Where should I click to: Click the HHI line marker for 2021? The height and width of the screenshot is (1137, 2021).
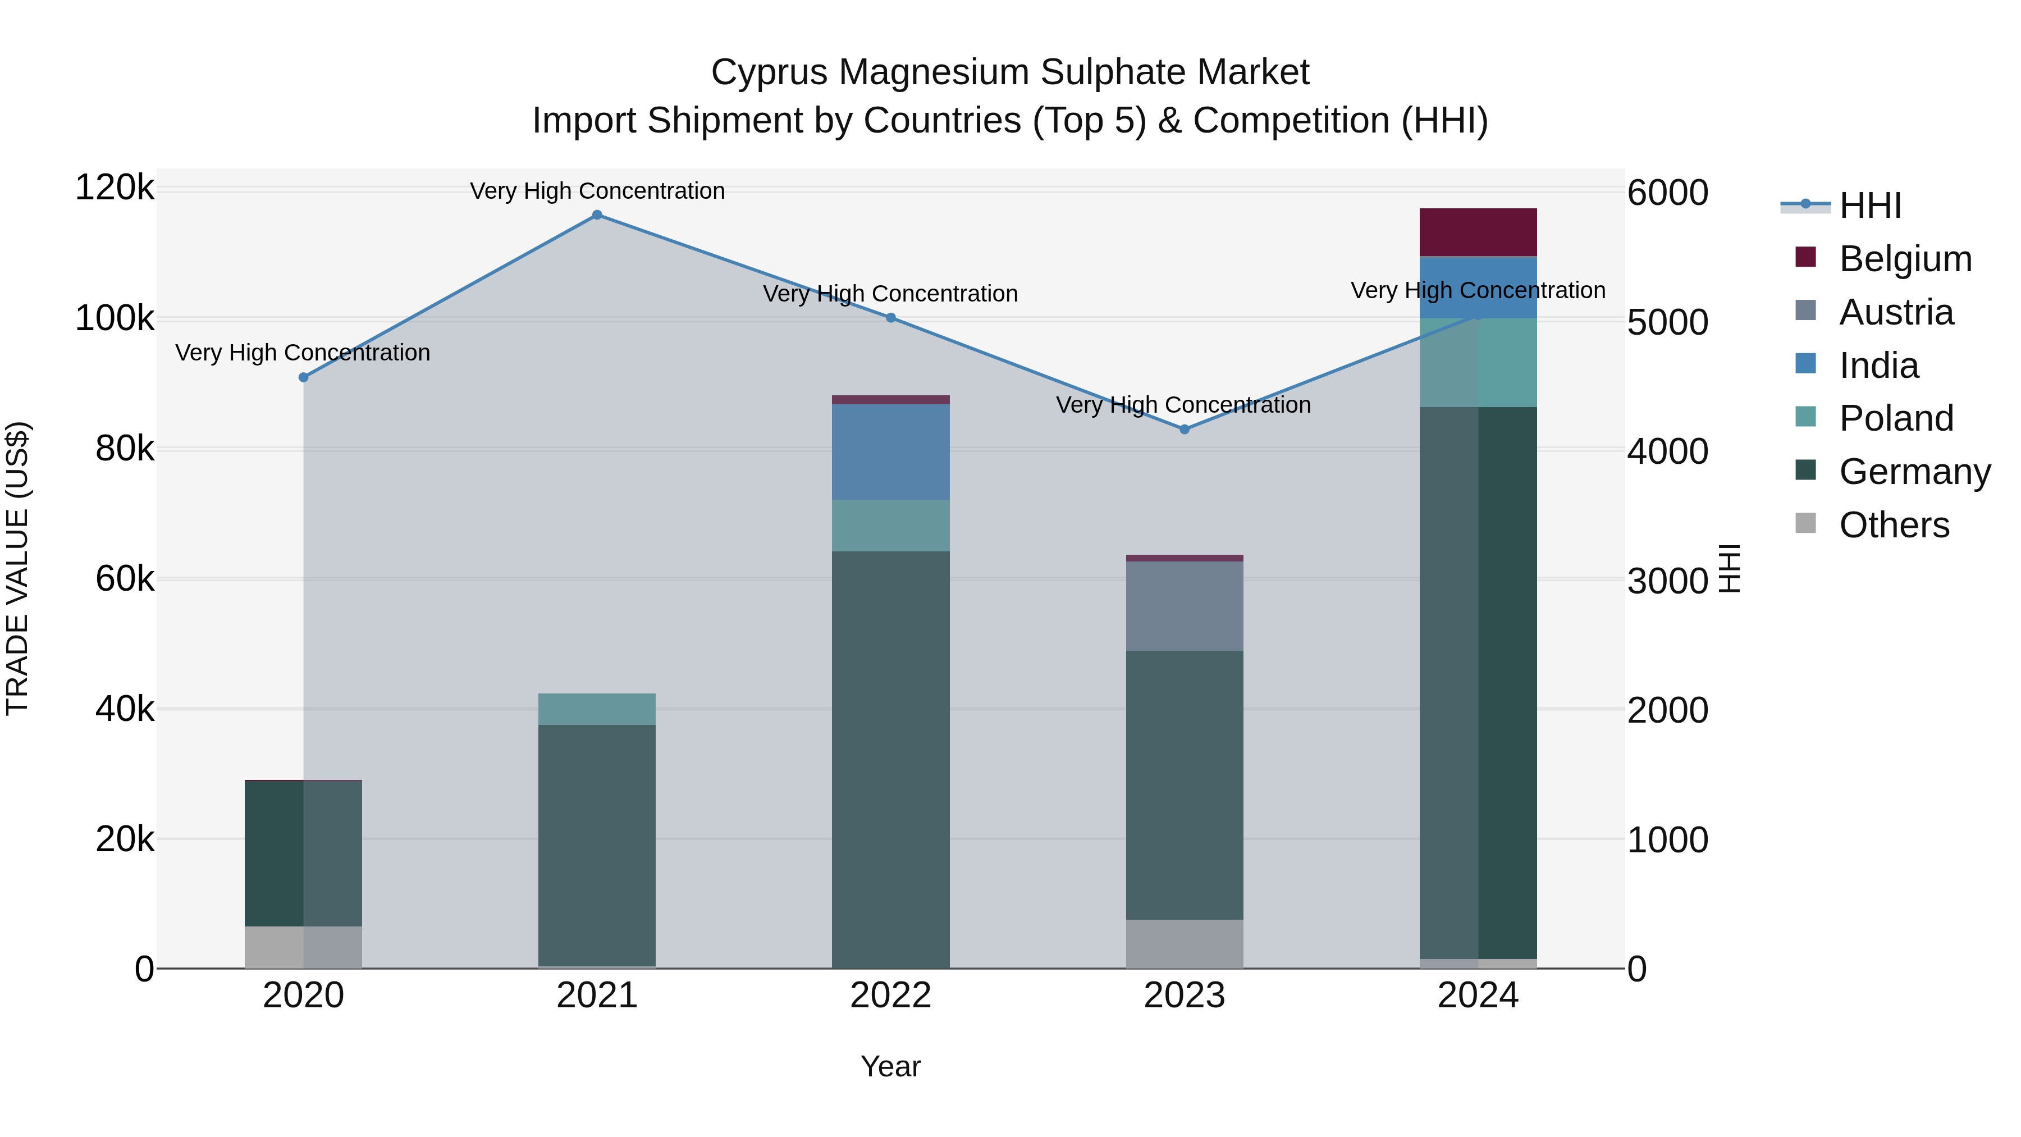coord(597,215)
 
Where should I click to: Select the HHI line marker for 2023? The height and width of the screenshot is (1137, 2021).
coord(1185,429)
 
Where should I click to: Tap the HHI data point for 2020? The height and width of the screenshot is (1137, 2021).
coord(304,377)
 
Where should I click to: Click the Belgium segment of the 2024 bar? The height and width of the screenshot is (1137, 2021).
coord(1478,232)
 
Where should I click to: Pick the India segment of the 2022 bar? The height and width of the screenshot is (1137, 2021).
coord(890,452)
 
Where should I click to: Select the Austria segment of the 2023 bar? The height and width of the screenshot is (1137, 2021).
coord(1185,606)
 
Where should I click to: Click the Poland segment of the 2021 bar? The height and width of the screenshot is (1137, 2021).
coord(597,709)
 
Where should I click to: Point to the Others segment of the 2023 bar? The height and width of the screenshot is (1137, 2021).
coord(1185,944)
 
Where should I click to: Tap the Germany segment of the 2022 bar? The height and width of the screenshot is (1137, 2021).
coord(890,760)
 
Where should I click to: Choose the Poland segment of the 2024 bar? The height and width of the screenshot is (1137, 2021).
coord(1478,363)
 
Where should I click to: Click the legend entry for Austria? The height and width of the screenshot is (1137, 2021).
coord(1895,312)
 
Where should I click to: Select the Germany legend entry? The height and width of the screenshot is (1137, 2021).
coord(1914,472)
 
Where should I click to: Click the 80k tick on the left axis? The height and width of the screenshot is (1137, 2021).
coord(125,449)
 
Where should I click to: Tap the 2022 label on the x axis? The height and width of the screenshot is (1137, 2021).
coord(890,996)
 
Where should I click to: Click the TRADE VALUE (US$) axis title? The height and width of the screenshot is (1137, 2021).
coord(18,568)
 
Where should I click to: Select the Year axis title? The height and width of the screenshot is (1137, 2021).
coord(890,1066)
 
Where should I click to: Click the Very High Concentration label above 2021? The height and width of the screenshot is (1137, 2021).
coord(597,191)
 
